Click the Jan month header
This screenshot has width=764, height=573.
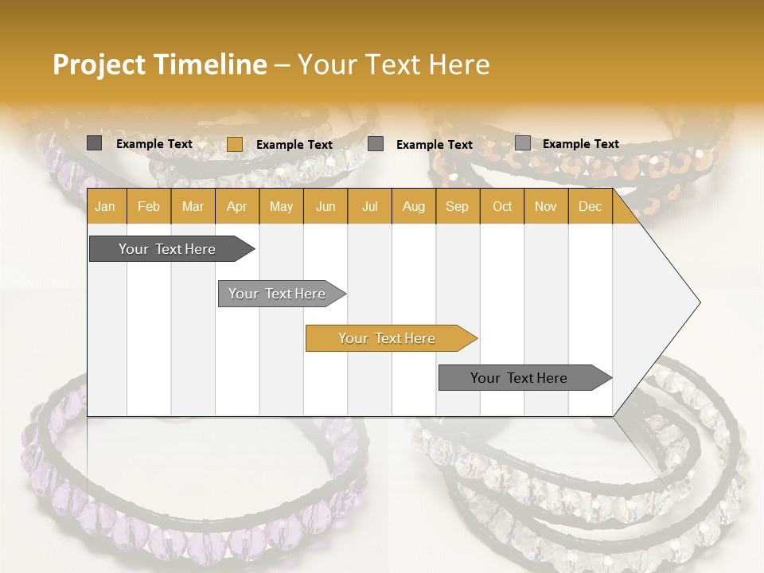tap(105, 206)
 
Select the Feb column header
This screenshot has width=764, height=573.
tap(149, 206)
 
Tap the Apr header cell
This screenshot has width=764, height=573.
tap(236, 206)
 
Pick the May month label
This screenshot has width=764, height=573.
tap(281, 206)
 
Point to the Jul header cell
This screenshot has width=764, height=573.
tap(369, 206)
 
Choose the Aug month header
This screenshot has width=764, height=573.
tap(413, 206)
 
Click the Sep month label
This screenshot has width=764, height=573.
tap(457, 206)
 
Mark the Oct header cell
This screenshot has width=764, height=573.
tap(502, 206)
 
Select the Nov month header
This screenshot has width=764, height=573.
tap(545, 206)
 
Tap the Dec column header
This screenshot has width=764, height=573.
tap(590, 206)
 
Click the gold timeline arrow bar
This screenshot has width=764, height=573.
tap(390, 338)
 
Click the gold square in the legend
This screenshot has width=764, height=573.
tap(234, 144)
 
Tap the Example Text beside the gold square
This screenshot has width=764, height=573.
tap(294, 145)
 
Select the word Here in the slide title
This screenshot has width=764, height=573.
tap(459, 64)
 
